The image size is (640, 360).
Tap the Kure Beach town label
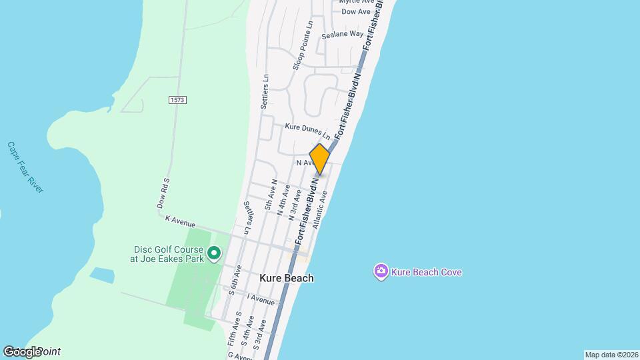(x=287, y=278)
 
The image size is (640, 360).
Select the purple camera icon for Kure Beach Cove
(x=381, y=271)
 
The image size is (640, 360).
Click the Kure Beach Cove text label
(x=427, y=272)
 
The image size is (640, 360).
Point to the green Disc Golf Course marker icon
(x=214, y=253)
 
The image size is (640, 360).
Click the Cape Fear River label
(x=25, y=167)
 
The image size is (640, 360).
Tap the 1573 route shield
(x=177, y=100)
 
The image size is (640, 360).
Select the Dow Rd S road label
(x=164, y=193)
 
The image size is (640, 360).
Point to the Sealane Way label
(x=342, y=34)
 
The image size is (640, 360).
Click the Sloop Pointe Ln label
(x=302, y=45)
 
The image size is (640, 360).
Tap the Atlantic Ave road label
(x=319, y=207)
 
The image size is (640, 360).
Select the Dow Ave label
(x=355, y=12)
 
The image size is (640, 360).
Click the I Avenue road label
(x=261, y=299)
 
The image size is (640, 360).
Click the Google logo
(x=24, y=351)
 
